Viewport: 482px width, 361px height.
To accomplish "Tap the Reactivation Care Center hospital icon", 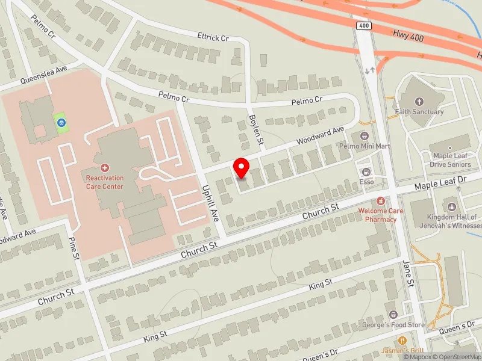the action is tap(105, 168).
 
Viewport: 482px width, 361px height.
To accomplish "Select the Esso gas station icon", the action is tap(367, 171).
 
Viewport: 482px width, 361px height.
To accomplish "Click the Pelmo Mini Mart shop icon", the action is tap(363, 135).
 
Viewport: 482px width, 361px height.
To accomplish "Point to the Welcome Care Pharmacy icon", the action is tap(380, 200).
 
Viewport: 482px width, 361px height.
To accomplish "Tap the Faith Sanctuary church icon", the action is tap(419, 101).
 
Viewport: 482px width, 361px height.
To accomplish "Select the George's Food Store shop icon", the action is tap(393, 315).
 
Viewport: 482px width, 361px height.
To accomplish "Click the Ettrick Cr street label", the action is tap(213, 37).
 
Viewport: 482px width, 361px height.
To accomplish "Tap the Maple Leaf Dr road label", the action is tap(440, 184).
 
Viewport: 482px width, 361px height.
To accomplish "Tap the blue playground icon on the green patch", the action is tap(61, 123).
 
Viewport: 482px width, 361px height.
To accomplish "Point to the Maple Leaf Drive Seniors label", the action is tap(451, 160).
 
